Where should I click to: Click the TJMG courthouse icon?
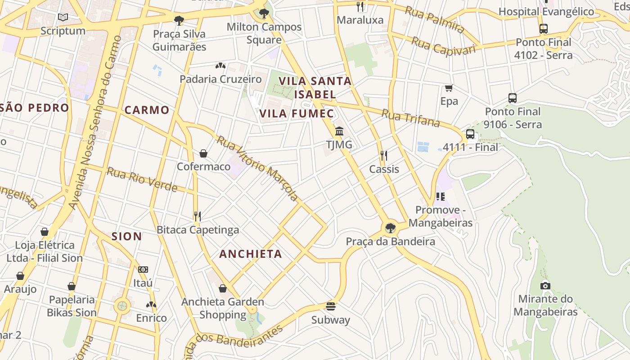point(339,131)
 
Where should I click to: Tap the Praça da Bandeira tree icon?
point(390,228)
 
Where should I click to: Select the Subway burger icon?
point(331,306)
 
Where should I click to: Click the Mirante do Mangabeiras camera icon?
point(545,285)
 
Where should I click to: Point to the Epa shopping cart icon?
point(449,88)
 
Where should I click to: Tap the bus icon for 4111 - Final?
point(470,134)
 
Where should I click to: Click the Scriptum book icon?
point(63,18)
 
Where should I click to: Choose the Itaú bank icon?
point(143,270)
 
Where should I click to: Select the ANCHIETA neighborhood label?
point(251,254)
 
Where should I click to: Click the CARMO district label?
point(147,110)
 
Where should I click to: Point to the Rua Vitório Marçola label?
point(257,168)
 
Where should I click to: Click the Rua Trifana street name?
point(410,118)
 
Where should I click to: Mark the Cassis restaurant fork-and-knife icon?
point(384,156)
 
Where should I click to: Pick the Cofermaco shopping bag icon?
point(203,153)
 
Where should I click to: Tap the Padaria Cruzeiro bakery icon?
point(220,66)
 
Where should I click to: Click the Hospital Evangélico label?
point(546,12)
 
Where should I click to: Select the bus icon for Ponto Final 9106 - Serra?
point(512,98)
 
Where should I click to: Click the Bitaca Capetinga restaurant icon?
point(197,216)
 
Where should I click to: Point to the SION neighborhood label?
point(126,236)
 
